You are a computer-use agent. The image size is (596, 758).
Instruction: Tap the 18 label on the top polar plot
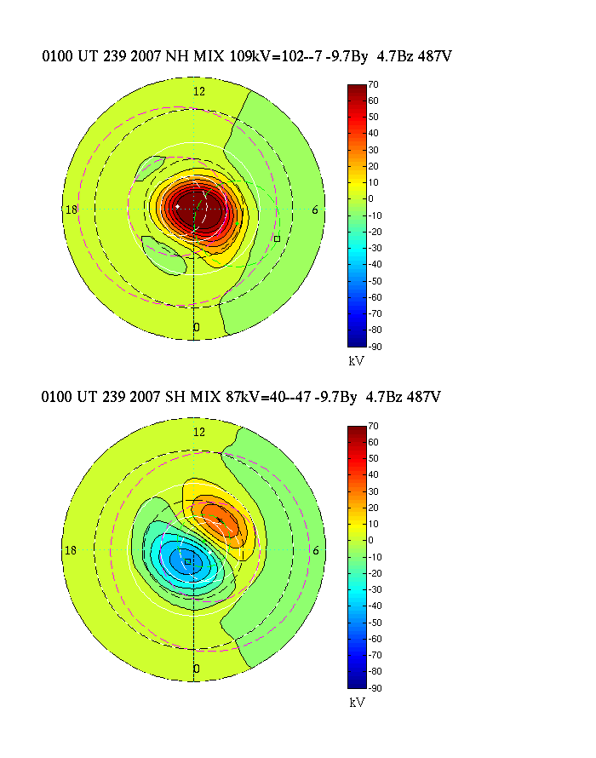pyautogui.click(x=72, y=210)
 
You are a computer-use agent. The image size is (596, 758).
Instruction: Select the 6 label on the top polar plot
pyautogui.click(x=316, y=210)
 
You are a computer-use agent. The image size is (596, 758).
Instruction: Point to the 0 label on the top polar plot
pyautogui.click(x=197, y=328)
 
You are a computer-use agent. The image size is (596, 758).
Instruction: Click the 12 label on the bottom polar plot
pyautogui.click(x=199, y=432)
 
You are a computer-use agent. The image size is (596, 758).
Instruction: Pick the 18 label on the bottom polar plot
pyautogui.click(x=72, y=550)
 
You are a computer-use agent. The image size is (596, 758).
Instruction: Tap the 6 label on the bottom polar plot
pyautogui.click(x=316, y=550)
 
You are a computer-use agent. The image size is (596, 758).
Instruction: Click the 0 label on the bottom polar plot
pyautogui.click(x=197, y=669)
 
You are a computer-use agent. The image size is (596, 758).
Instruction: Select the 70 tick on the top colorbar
pyautogui.click(x=373, y=84)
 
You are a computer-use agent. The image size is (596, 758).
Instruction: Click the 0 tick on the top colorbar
pyautogui.click(x=371, y=198)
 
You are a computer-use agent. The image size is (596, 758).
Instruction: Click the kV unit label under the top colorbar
pyautogui.click(x=357, y=361)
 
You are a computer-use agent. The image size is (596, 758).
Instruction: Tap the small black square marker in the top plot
pyautogui.click(x=277, y=238)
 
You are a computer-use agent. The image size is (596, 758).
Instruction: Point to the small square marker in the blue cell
pyautogui.click(x=187, y=561)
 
